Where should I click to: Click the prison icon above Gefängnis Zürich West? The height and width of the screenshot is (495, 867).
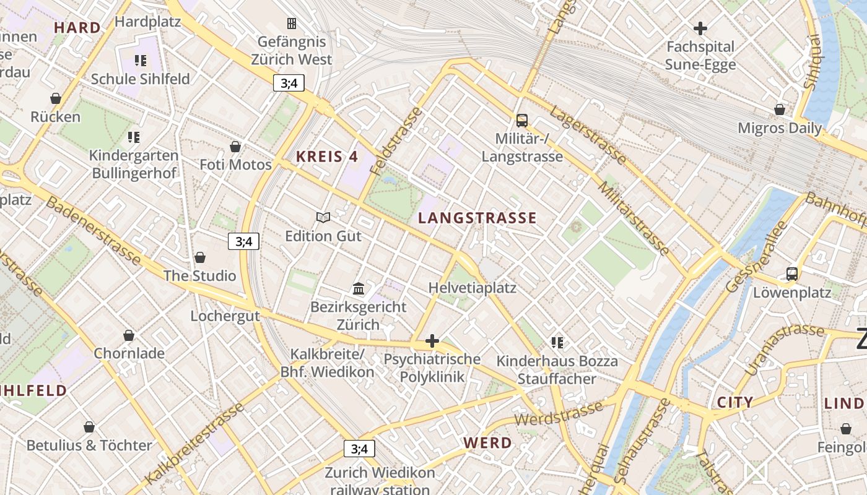point(291,24)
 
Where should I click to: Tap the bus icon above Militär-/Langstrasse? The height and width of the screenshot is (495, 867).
point(522,121)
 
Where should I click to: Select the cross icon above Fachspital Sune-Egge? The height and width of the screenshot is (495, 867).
point(700,28)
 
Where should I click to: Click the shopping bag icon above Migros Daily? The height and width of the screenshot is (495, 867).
point(780,110)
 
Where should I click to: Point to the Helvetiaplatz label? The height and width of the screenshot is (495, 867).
point(472,288)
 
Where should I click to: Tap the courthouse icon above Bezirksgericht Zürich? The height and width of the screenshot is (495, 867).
point(359,288)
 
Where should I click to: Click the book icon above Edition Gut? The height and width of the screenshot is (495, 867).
point(323,217)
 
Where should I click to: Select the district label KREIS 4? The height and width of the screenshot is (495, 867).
point(327,157)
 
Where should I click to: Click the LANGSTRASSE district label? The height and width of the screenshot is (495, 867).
point(477,218)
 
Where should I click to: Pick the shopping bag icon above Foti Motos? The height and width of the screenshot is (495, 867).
point(235,147)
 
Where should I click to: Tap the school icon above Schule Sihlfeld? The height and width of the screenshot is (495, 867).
point(141,61)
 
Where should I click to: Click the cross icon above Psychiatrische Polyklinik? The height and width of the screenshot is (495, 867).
point(432,341)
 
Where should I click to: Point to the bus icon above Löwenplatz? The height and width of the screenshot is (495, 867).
point(791,273)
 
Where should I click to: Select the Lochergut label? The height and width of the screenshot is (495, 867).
point(225,316)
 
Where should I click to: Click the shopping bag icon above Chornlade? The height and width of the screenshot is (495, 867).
point(129,335)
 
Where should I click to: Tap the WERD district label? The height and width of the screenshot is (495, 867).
point(488,443)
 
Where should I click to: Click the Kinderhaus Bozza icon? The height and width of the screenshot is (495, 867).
point(557,342)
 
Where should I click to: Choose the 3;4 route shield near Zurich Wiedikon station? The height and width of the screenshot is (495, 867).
point(359,449)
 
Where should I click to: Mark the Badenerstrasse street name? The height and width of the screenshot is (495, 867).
point(93,232)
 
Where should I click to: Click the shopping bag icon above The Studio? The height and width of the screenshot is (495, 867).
point(199,257)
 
